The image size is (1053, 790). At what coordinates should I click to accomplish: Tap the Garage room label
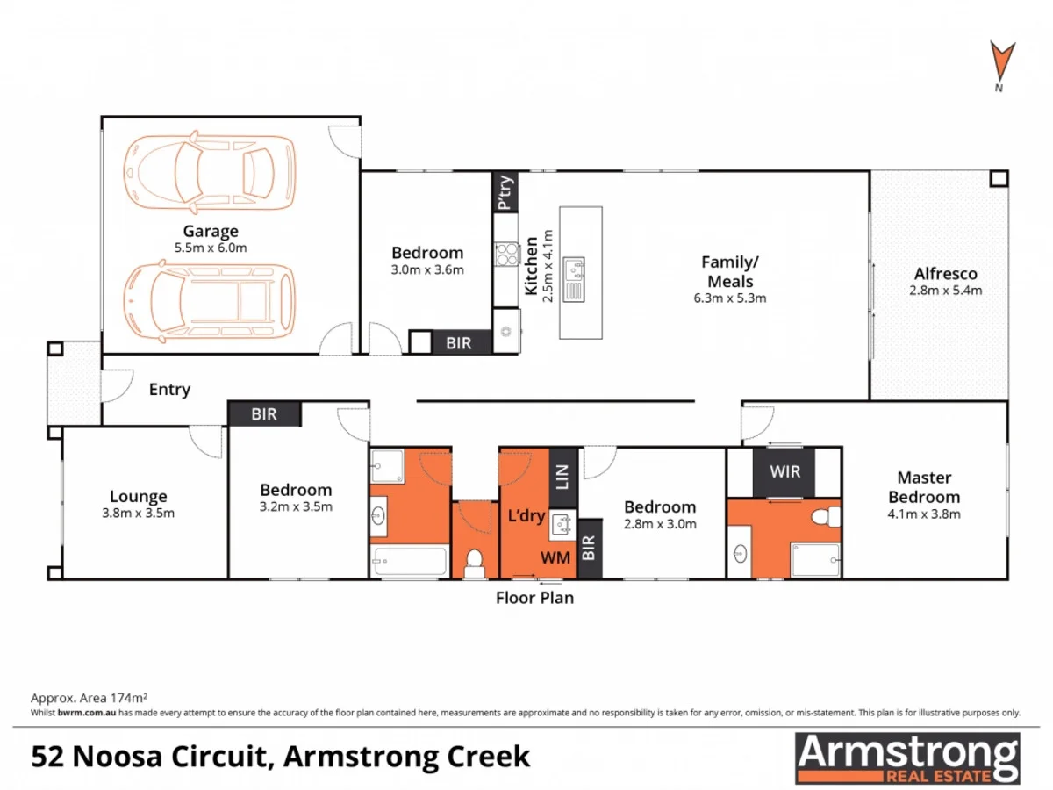point(211,232)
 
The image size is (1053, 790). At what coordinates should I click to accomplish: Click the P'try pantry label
point(505,192)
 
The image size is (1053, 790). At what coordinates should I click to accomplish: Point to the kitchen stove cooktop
point(506,254)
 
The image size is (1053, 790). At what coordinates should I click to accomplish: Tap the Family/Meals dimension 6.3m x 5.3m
point(730,298)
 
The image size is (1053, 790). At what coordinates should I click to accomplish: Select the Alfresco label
point(946,274)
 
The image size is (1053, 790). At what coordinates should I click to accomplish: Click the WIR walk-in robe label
point(785,472)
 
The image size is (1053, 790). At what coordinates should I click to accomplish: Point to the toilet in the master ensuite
point(825,518)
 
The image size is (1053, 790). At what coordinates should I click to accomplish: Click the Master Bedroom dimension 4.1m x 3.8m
point(924,514)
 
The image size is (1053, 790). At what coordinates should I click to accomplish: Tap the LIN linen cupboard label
point(562,478)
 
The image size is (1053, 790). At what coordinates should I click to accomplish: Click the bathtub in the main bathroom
point(410,562)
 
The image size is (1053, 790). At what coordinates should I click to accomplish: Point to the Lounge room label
point(139,496)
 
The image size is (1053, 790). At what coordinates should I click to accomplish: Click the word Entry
point(169,390)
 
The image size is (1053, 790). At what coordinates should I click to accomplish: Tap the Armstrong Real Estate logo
point(907,758)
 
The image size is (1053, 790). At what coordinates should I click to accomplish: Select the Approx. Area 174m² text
point(87,698)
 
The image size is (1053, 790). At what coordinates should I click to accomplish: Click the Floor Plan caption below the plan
point(534,599)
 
